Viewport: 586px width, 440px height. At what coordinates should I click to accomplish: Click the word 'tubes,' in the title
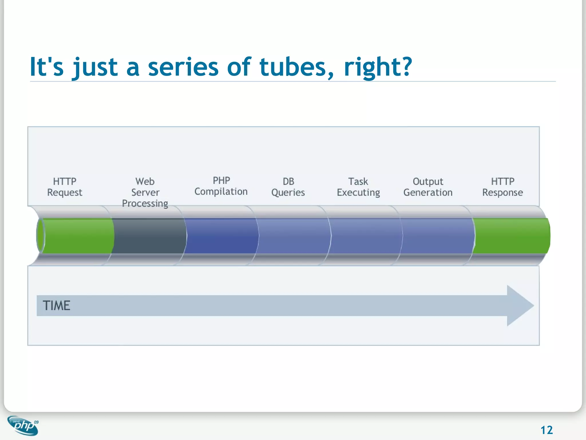[296, 67]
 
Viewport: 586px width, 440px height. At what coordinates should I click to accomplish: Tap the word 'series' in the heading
[183, 67]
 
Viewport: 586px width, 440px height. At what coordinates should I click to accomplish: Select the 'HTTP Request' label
[65, 187]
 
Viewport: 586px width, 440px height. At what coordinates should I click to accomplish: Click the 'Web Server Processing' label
[145, 192]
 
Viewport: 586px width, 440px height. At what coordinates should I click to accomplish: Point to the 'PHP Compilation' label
[221, 186]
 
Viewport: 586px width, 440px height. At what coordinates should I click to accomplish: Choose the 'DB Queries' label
[288, 187]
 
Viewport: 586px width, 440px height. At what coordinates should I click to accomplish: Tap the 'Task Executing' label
[358, 187]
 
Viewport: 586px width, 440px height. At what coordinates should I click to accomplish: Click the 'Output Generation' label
[428, 187]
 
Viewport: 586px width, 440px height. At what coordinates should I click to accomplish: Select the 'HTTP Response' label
[502, 187]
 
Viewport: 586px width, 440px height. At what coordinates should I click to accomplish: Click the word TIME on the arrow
[56, 305]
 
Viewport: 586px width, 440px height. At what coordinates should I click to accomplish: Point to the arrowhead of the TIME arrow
[519, 305]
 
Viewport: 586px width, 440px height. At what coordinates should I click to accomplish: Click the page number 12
[547, 430]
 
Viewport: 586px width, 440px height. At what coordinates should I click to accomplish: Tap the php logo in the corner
[23, 426]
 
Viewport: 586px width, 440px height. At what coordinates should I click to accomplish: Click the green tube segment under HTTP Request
[77, 236]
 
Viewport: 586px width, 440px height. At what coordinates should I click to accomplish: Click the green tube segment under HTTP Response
[511, 236]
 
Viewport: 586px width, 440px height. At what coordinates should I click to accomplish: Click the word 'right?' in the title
[378, 67]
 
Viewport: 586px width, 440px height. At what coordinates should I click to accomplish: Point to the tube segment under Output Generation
[438, 236]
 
